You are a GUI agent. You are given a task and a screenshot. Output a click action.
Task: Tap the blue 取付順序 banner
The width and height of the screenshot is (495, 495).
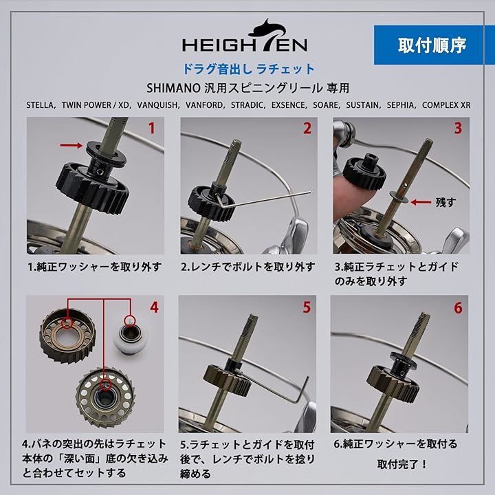click(x=432, y=45)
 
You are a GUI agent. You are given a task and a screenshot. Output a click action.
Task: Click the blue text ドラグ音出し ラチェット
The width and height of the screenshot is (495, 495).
click(x=247, y=69)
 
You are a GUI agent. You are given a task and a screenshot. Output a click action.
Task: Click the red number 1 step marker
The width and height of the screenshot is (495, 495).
click(x=152, y=128)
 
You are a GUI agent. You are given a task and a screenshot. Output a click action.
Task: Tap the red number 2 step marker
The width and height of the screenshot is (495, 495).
click(x=307, y=128)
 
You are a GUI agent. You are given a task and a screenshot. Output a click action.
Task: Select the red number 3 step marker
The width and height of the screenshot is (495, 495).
click(x=457, y=128)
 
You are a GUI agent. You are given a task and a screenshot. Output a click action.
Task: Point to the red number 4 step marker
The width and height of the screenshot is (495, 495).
click(x=153, y=307)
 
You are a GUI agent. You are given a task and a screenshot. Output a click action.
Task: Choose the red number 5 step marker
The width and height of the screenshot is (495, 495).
click(x=307, y=307)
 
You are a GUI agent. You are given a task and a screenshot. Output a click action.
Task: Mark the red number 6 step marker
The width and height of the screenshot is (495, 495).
click(x=457, y=307)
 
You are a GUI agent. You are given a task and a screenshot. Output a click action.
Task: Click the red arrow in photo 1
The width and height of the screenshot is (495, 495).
click(x=69, y=146)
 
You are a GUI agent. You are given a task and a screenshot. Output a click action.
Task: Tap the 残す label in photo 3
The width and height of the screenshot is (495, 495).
click(x=446, y=202)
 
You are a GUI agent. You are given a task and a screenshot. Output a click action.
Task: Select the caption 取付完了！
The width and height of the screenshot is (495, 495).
click(x=402, y=463)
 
